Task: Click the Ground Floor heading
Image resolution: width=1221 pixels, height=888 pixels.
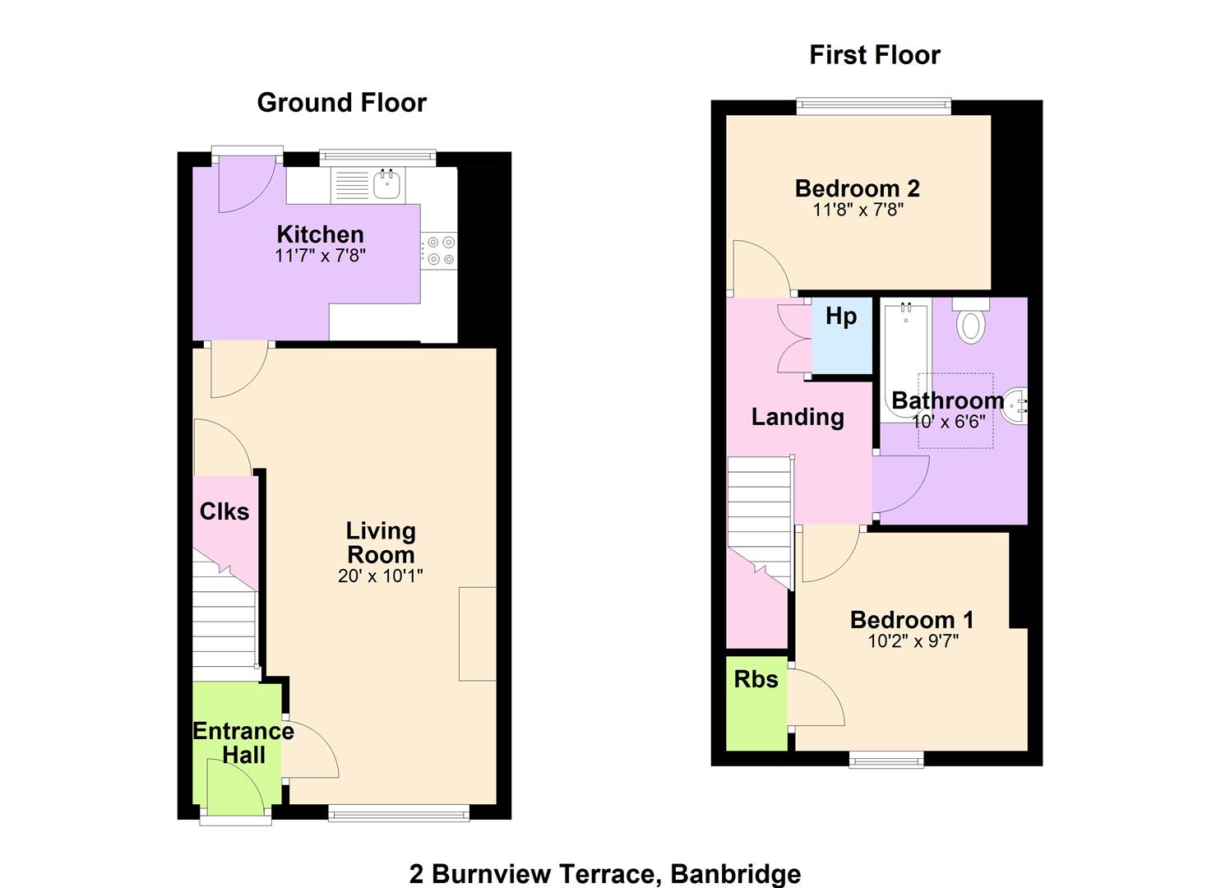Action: pos(342,103)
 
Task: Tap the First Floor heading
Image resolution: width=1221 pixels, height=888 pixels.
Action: pos(875,55)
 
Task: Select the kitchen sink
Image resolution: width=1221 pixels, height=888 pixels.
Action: pos(387,183)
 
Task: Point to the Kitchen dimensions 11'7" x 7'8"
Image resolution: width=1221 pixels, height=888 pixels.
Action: pos(320,256)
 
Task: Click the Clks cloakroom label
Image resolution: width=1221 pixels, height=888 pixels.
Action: pos(224,511)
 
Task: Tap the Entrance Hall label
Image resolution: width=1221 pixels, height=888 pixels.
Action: pos(243,743)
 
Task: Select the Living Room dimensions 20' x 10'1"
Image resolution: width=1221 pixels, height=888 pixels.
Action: pos(380,576)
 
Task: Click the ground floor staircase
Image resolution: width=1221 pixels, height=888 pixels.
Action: pos(224,615)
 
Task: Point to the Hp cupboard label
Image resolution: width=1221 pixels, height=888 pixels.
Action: pos(841,317)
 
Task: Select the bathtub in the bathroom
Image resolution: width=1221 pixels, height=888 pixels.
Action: pos(906,363)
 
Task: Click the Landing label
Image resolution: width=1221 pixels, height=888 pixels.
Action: pos(798,417)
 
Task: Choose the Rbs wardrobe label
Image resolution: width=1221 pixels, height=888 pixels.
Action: pos(756,679)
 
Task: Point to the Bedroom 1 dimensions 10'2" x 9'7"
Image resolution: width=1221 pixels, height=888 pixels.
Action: pos(913,641)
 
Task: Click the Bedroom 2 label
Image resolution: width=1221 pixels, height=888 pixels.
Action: pos(858,188)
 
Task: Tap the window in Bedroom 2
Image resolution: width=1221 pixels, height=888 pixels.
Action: pos(874,106)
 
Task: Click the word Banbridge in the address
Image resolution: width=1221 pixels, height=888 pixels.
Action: pos(736,873)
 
